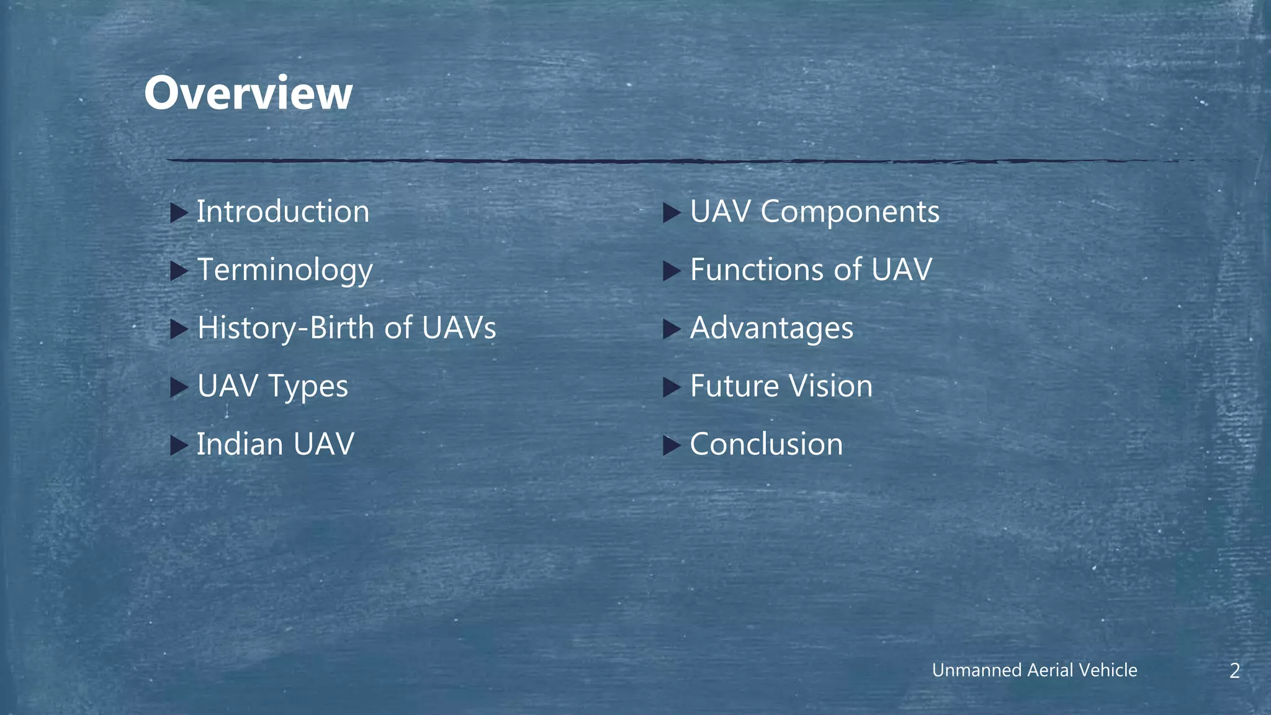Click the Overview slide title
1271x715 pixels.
[x=248, y=93]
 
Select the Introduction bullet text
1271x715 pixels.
[x=283, y=212]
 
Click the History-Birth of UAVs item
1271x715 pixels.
[x=346, y=328]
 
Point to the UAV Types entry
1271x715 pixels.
[x=272, y=386]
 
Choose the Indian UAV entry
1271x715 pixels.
[x=275, y=444]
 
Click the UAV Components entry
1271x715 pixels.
[x=814, y=212]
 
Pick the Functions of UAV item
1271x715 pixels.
[x=811, y=270]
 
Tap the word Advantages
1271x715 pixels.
[x=771, y=328]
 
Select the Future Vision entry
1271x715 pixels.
[x=781, y=386]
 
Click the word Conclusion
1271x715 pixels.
[x=766, y=444]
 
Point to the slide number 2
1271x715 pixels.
[x=1234, y=670]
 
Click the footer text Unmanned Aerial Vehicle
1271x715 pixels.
[x=1035, y=670]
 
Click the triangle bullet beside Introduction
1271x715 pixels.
[x=179, y=213]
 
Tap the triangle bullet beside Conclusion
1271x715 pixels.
[x=671, y=446]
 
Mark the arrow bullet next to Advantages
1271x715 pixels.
[x=671, y=329]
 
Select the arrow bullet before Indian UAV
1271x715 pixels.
[x=179, y=446]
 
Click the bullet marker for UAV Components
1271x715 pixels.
[x=671, y=213]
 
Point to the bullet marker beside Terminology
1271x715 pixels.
[x=179, y=271]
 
